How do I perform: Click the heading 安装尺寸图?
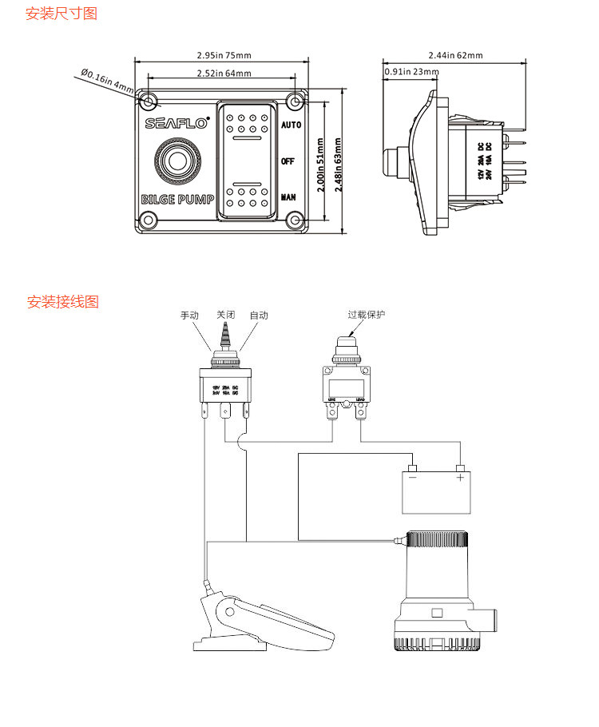point(61,14)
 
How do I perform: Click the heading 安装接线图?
point(63,302)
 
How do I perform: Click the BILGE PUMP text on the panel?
point(177,199)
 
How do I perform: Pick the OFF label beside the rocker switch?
point(288,161)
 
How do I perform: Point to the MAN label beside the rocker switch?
point(288,197)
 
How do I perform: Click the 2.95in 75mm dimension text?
point(224,55)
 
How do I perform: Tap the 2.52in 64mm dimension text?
point(224,73)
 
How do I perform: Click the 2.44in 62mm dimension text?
point(455,55)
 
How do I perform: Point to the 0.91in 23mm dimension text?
point(411,72)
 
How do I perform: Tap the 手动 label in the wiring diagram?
point(189,316)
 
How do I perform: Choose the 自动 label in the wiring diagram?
point(259,316)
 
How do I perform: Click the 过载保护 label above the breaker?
point(366,315)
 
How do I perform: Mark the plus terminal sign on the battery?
point(460,478)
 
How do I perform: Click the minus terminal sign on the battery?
point(412,478)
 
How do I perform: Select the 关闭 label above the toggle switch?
point(224,316)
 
